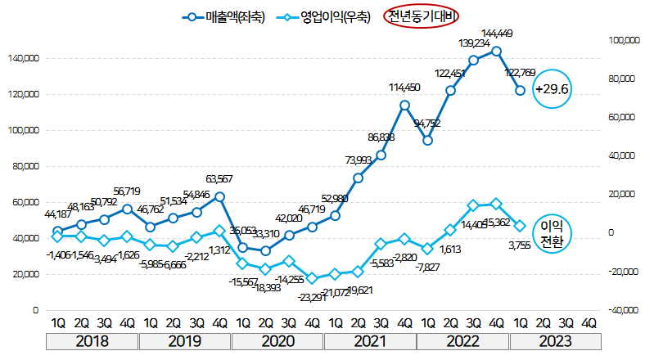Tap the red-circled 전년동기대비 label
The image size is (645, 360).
tap(421, 16)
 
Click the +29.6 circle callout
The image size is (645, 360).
tap(551, 88)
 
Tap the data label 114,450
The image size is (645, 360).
tap(404, 88)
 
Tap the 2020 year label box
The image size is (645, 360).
tap(277, 340)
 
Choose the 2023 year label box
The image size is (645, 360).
tap(553, 340)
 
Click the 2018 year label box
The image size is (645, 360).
tap(92, 340)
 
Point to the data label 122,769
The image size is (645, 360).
tap(526, 73)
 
